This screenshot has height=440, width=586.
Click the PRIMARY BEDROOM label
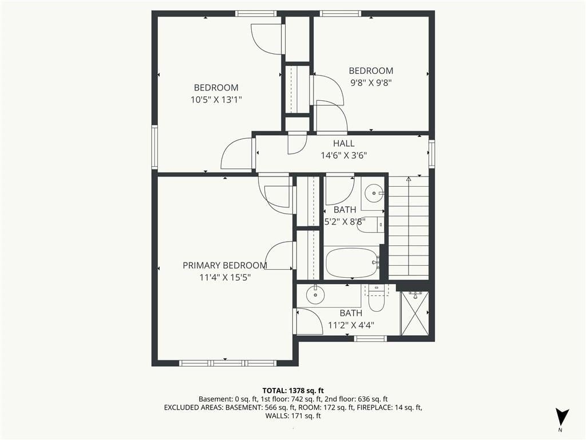tap(224, 265)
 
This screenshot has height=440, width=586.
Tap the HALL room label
tap(344, 143)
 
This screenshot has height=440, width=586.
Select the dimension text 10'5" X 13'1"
tap(216, 100)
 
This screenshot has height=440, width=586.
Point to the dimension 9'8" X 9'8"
tap(371, 82)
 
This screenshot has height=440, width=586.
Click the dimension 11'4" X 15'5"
tap(224, 277)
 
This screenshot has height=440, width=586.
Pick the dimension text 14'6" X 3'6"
tap(344, 155)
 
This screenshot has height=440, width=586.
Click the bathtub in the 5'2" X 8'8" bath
tap(352, 262)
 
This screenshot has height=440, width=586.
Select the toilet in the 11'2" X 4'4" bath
tap(377, 298)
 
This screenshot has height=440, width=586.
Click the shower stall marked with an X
tap(415, 313)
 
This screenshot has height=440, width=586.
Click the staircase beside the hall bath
tap(409, 227)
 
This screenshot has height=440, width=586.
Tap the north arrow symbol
tap(562, 417)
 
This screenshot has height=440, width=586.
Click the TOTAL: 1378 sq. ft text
tap(293, 391)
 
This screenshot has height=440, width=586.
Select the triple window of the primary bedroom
tap(228, 363)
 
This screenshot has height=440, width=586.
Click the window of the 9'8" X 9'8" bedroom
tap(340, 14)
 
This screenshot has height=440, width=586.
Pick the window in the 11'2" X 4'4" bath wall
tap(370, 339)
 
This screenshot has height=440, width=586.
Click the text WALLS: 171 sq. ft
tap(293, 416)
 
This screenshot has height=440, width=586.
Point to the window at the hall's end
tap(432, 153)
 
